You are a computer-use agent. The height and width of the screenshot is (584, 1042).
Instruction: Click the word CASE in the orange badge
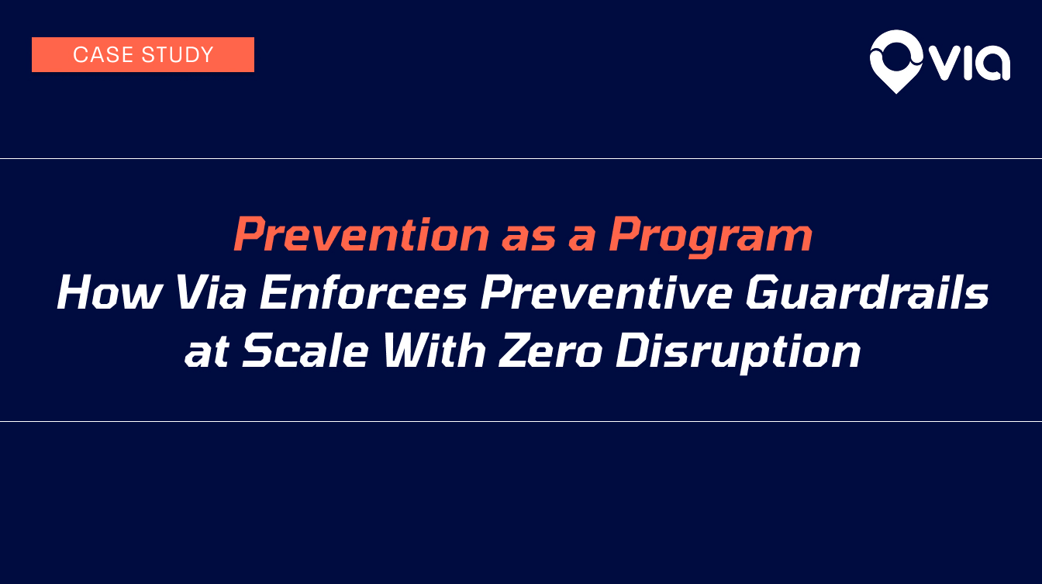(x=102, y=55)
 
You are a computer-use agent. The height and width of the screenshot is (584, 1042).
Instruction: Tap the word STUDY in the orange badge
(x=178, y=55)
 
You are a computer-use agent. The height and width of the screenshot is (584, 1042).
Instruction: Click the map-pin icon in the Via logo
(x=896, y=61)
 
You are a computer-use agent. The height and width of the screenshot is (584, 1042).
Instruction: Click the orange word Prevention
(x=361, y=234)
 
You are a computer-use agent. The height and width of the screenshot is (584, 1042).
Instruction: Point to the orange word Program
(x=710, y=237)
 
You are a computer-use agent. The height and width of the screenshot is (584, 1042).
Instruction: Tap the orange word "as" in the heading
(x=529, y=240)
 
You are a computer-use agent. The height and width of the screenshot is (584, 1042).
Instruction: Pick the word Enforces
(x=364, y=292)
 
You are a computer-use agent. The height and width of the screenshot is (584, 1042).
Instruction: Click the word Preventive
(x=606, y=292)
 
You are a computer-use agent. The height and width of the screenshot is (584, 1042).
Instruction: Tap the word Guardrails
(x=867, y=292)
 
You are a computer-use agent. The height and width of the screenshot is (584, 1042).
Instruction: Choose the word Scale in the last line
(x=305, y=351)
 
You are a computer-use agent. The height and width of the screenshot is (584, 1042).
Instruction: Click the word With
(x=434, y=351)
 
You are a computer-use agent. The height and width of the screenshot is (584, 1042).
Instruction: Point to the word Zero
(x=550, y=351)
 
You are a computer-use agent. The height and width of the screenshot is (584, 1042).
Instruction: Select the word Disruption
(x=738, y=353)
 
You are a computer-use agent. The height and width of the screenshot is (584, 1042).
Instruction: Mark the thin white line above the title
(x=521, y=159)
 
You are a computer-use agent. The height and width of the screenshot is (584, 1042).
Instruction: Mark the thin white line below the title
(x=521, y=422)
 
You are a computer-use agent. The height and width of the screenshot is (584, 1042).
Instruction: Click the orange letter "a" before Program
(x=582, y=240)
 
